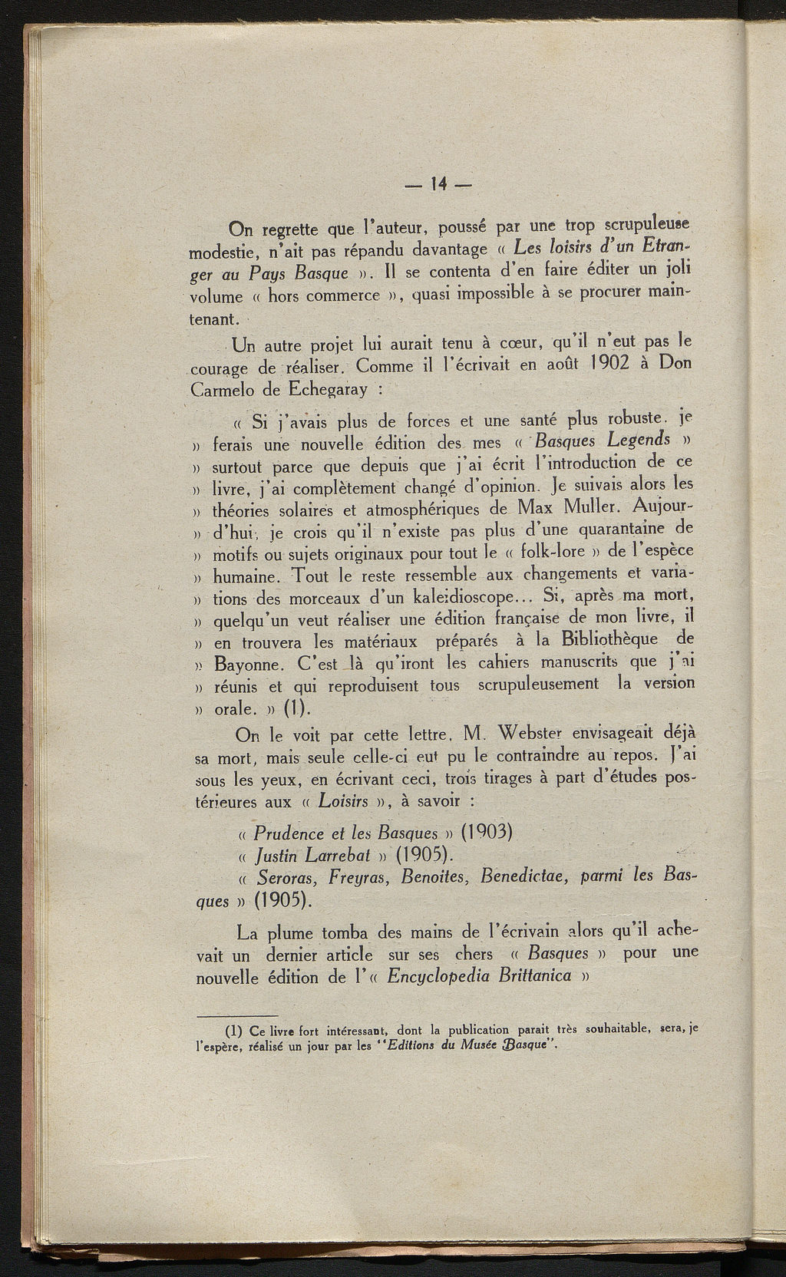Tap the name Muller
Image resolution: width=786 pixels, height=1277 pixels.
[x=584, y=507]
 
